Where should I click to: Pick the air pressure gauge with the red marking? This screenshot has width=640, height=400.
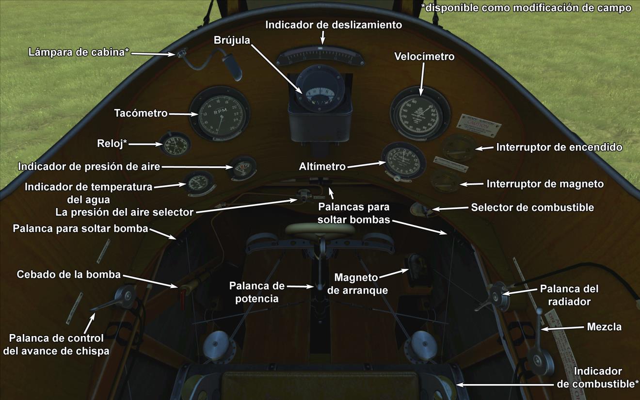pyautogui.click(x=242, y=168)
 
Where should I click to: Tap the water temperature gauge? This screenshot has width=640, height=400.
pyautogui.click(x=198, y=183)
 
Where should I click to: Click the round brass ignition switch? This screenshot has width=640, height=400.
pyautogui.click(x=458, y=147)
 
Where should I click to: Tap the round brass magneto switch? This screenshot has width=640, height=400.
pyautogui.click(x=446, y=180)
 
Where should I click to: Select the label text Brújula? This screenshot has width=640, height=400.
pyautogui.click(x=232, y=40)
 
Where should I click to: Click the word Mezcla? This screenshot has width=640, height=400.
pyautogui.click(x=604, y=327)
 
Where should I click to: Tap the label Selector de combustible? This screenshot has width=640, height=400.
pyautogui.click(x=532, y=208)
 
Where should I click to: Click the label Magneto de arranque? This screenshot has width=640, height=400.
pyautogui.click(x=356, y=284)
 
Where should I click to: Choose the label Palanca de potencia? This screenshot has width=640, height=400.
pyautogui.click(x=257, y=292)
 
